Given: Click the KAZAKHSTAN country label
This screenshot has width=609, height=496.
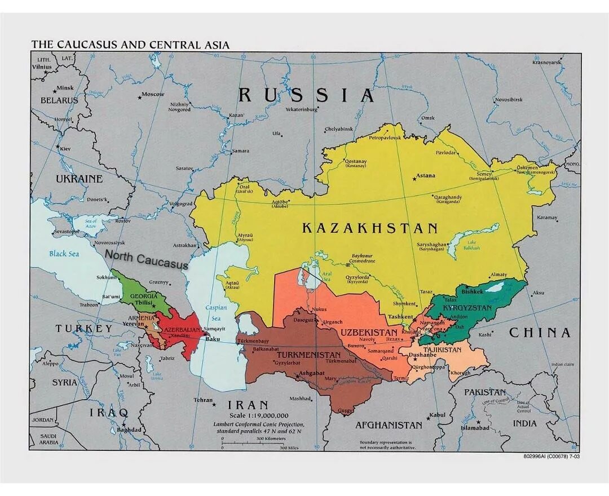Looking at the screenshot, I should point(370,228).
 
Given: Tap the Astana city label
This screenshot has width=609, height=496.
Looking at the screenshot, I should point(426,176).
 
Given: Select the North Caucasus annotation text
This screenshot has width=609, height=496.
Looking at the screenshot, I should point(146,260).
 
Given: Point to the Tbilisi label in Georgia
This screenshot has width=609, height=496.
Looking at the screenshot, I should point(144,303).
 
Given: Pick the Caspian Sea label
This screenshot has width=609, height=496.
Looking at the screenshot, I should point(216,313).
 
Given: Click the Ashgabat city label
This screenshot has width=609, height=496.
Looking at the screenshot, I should point(311,373).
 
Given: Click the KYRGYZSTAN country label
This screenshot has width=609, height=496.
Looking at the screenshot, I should point(467,308).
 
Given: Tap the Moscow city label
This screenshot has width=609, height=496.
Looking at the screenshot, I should point(153,94).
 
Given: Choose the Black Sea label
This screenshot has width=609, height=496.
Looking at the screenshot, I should point(64,254).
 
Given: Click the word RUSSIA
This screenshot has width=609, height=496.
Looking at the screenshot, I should point(306,95).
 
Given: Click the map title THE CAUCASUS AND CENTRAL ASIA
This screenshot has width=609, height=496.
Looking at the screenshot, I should point(130,45).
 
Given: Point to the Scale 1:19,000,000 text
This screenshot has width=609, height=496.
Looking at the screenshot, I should point(259,415).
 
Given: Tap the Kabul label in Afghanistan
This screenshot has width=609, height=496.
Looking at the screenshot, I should point(437,415).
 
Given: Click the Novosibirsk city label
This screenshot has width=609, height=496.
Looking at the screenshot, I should point(509,100).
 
